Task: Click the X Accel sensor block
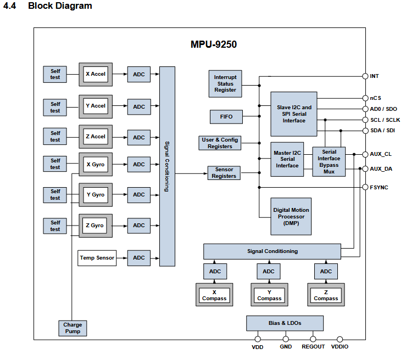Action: tap(96, 75)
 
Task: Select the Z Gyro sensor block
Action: tap(96, 226)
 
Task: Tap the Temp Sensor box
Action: tap(97, 258)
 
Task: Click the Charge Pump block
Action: tap(73, 328)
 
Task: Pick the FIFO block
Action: tap(226, 117)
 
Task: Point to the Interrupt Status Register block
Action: tap(225, 84)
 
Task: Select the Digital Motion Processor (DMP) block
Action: tap(291, 216)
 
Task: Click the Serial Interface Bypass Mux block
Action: tap(329, 161)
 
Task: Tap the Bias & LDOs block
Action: tap(285, 323)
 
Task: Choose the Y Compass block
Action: tap(269, 295)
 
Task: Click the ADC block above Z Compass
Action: tap(326, 271)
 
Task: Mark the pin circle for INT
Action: tap(365, 76)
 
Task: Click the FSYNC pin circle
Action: tap(365, 187)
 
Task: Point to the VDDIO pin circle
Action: tap(340, 339)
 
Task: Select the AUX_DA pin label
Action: tap(381, 169)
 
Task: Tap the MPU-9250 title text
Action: tap(214, 44)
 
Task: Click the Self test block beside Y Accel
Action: tap(55, 108)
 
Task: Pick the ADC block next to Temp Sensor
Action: tap(139, 258)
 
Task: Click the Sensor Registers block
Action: tap(224, 173)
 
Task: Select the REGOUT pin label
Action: tap(313, 347)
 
